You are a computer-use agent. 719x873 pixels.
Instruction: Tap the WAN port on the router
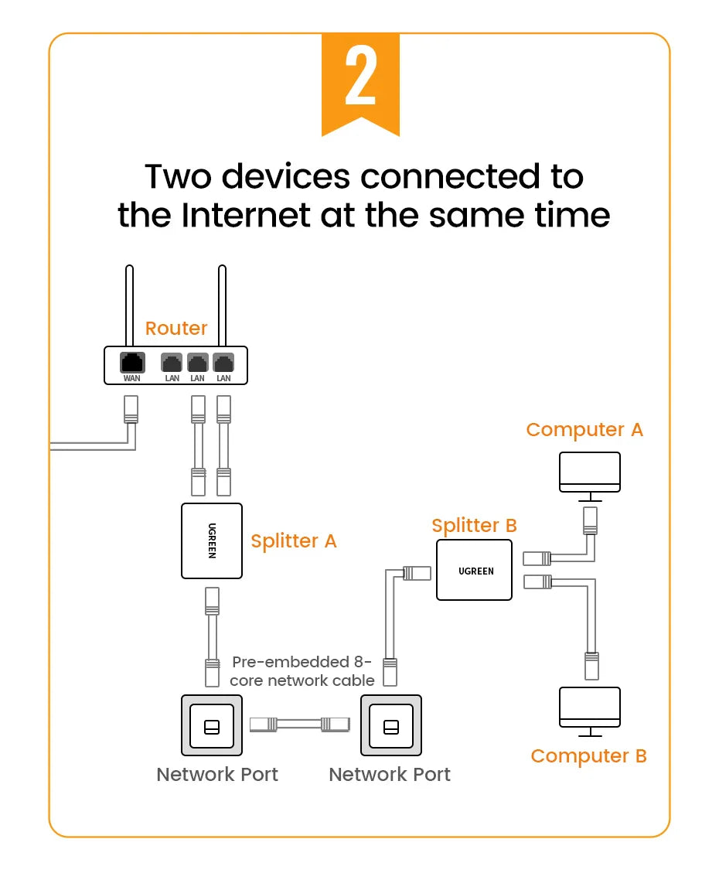(x=132, y=362)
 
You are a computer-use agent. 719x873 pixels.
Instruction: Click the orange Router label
(x=176, y=328)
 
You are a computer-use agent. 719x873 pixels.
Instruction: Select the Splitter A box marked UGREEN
(x=212, y=541)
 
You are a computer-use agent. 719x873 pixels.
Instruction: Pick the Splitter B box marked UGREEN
(x=475, y=571)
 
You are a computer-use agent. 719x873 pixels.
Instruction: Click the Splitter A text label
(x=294, y=541)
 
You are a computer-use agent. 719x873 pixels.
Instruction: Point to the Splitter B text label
(x=474, y=526)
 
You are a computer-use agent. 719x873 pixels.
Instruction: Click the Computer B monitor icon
(x=590, y=707)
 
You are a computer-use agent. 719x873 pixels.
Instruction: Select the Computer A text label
(x=584, y=429)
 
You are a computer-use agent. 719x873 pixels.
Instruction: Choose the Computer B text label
(x=588, y=755)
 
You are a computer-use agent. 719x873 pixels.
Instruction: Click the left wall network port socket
(x=211, y=725)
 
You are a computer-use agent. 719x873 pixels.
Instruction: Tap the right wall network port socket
(x=391, y=725)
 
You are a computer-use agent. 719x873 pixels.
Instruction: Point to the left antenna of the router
(x=128, y=305)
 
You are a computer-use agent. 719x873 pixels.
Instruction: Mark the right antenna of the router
(x=223, y=305)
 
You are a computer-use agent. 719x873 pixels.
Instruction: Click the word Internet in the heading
(x=246, y=214)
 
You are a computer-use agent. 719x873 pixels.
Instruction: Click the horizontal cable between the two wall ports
(x=301, y=725)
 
